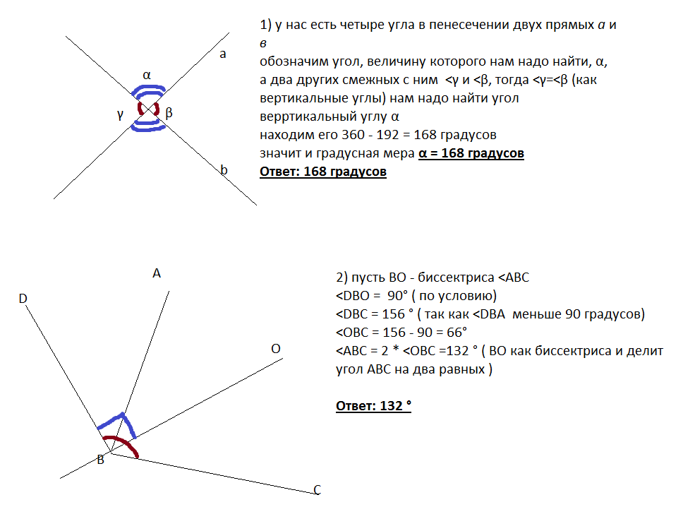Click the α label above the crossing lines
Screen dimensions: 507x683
tap(147, 74)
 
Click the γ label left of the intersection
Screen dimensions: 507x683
tap(121, 114)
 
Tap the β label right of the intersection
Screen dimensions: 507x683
tap(169, 113)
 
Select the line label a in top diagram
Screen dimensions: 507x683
tap(223, 54)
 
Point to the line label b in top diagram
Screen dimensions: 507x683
tap(224, 169)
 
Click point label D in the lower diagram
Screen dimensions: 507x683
tap(23, 299)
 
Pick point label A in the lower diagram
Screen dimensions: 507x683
tap(157, 274)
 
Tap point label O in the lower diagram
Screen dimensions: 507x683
tap(276, 349)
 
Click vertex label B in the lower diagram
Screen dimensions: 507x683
tap(101, 460)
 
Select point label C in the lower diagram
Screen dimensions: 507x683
tap(318, 490)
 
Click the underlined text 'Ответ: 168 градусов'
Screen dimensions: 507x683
tap(323, 172)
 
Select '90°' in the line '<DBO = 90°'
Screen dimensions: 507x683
tap(399, 296)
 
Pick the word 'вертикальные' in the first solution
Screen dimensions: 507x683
tap(295, 98)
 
